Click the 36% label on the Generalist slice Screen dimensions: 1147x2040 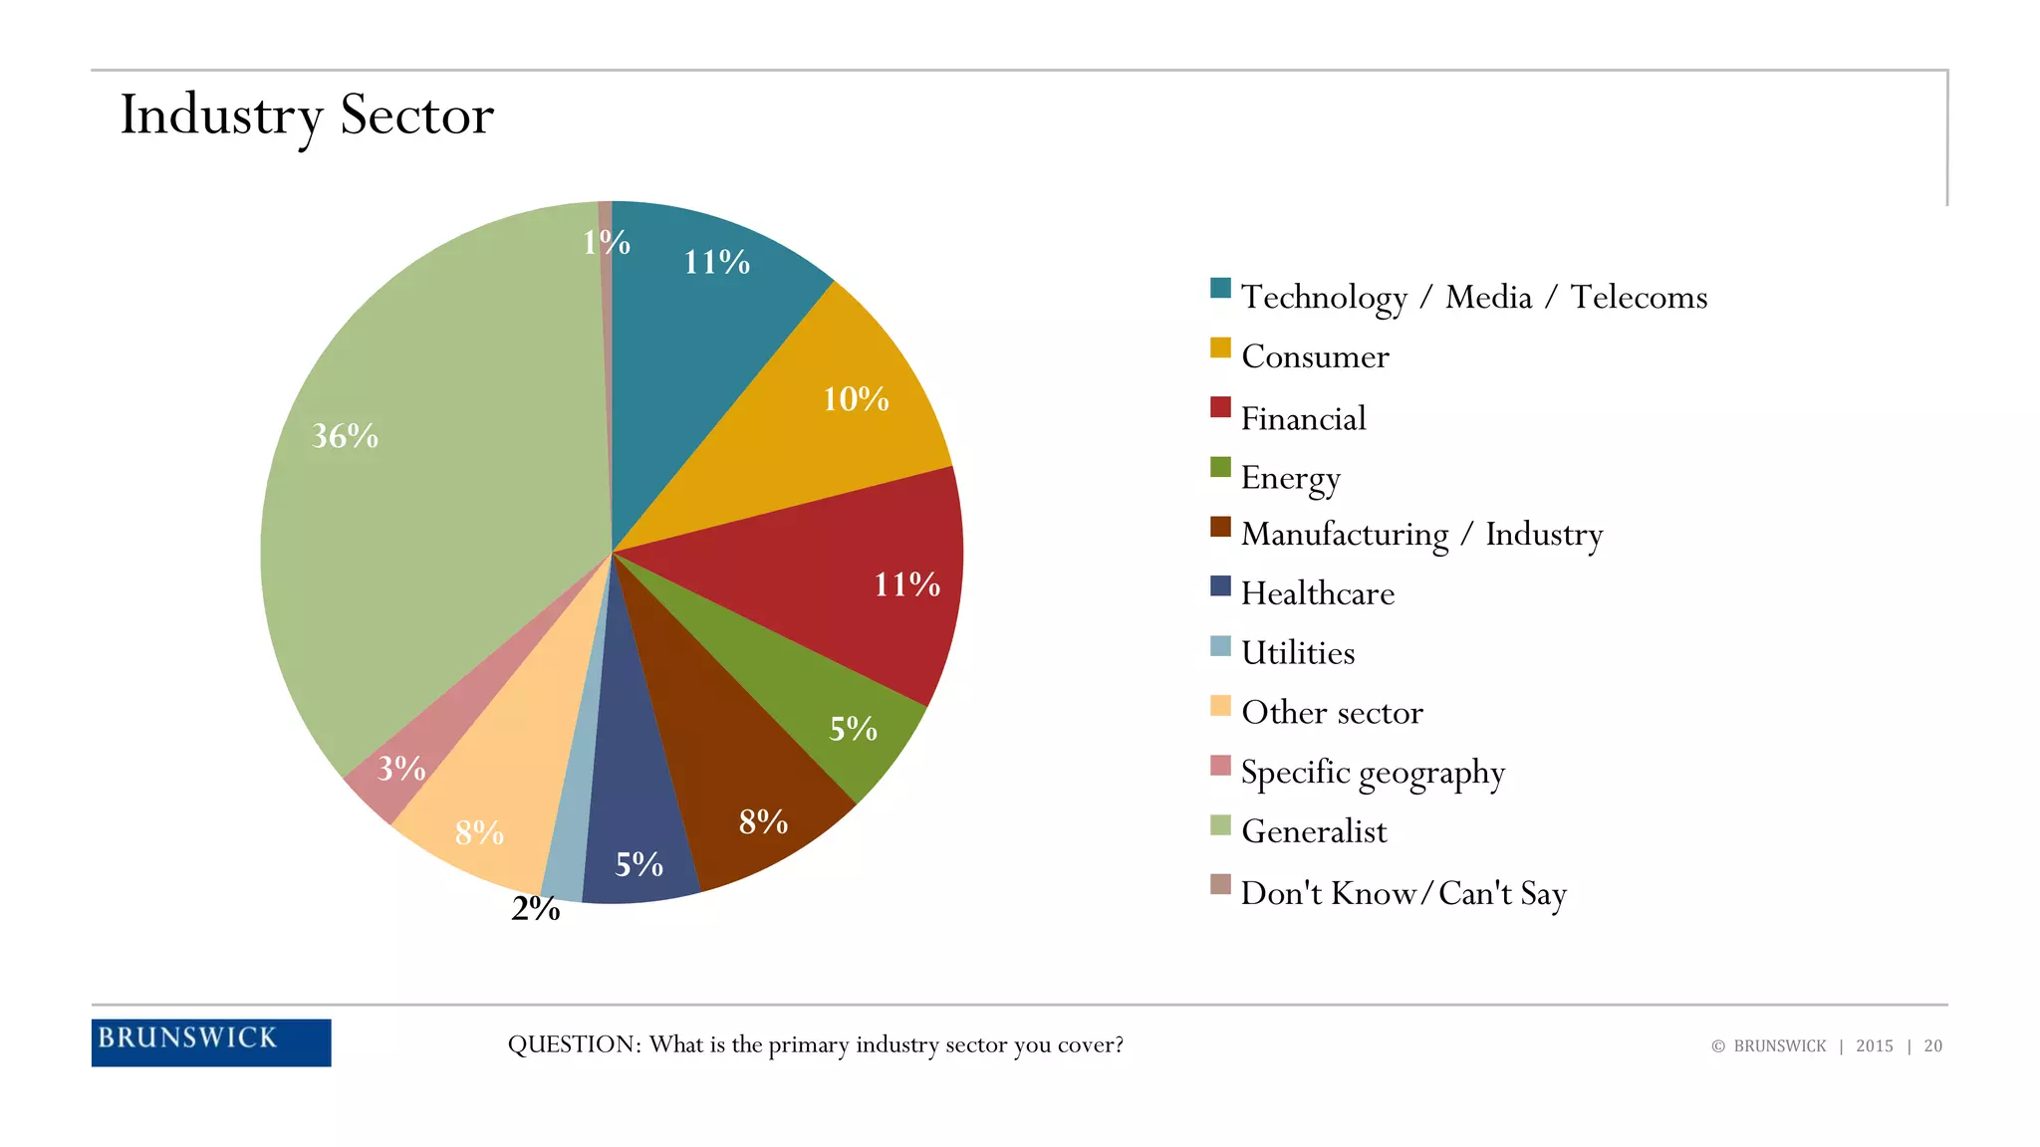[345, 436]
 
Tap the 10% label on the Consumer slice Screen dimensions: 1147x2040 [855, 399]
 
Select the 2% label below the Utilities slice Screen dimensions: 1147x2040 [535, 908]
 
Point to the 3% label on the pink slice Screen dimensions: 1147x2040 [400, 768]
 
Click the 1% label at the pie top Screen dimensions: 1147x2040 [606, 242]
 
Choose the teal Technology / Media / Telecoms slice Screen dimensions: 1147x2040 [697, 329]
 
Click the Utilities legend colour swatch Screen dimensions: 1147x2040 [1220, 646]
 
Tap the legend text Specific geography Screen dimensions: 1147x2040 [1373, 773]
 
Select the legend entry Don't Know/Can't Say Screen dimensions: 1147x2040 [1402, 893]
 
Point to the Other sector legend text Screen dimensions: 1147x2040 [1332, 713]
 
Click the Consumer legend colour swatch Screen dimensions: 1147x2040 [1220, 347]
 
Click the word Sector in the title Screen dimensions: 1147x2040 [416, 115]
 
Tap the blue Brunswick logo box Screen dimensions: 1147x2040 [211, 1041]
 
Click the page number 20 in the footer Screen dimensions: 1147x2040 [1932, 1045]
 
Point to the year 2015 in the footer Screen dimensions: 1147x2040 [1874, 1045]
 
